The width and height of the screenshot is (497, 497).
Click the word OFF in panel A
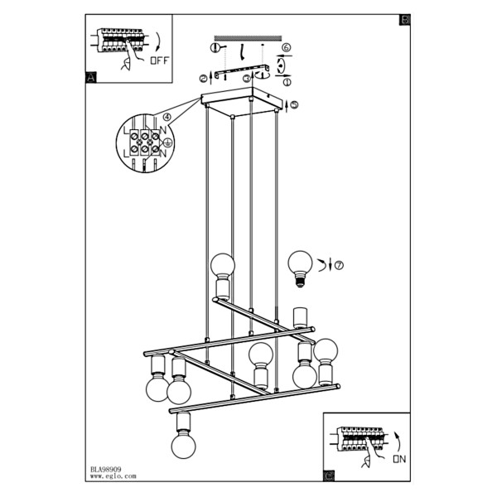click(x=160, y=60)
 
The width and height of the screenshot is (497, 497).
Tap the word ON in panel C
click(x=399, y=459)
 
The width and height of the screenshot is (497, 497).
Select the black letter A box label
click(x=91, y=78)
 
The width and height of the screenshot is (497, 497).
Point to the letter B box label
click(x=405, y=20)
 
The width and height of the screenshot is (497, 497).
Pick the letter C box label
click(x=330, y=475)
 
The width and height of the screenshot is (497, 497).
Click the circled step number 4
click(x=166, y=118)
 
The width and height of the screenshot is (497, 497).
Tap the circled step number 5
click(x=294, y=105)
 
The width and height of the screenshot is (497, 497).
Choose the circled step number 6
click(x=286, y=47)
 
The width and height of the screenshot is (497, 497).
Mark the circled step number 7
click(x=339, y=265)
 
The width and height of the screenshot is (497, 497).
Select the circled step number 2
click(x=203, y=79)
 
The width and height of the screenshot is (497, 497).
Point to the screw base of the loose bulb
click(x=300, y=282)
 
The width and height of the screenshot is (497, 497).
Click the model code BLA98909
click(x=105, y=470)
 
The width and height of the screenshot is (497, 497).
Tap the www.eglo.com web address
click(x=113, y=476)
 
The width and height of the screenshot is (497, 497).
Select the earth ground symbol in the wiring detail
click(x=168, y=143)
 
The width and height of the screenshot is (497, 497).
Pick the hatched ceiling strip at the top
click(x=248, y=38)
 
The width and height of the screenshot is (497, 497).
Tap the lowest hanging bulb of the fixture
click(x=184, y=446)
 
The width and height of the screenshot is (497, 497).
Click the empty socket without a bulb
click(x=299, y=317)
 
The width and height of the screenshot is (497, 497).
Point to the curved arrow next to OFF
click(x=158, y=41)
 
